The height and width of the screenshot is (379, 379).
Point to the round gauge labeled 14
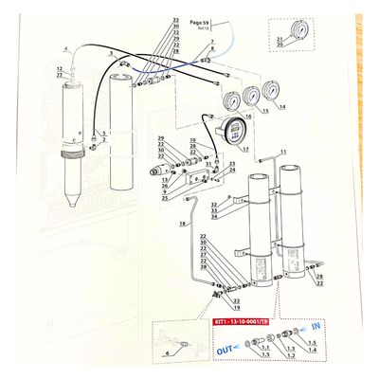273,91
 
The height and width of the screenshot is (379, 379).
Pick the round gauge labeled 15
251,97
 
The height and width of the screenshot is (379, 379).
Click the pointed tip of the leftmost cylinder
74,208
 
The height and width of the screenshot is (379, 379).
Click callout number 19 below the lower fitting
236,307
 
